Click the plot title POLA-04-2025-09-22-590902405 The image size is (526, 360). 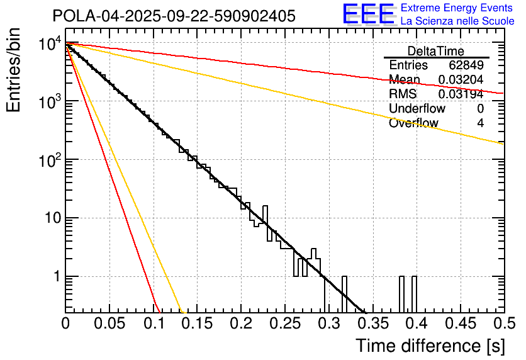[174, 16]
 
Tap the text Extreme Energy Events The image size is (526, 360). [457, 8]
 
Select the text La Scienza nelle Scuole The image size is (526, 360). [457, 21]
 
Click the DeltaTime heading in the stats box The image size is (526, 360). [436, 51]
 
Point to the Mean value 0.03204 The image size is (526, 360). [461, 80]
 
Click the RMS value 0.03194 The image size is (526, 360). [461, 94]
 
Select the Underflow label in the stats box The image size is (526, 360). [416, 109]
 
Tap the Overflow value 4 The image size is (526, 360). [480, 123]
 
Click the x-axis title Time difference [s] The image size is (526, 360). [430, 346]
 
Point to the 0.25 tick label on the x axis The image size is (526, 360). [284, 324]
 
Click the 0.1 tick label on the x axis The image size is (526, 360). [153, 324]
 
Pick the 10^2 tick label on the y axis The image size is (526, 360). [48, 161]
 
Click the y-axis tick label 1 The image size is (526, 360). [56, 277]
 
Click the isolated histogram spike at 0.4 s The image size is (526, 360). [413, 293]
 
